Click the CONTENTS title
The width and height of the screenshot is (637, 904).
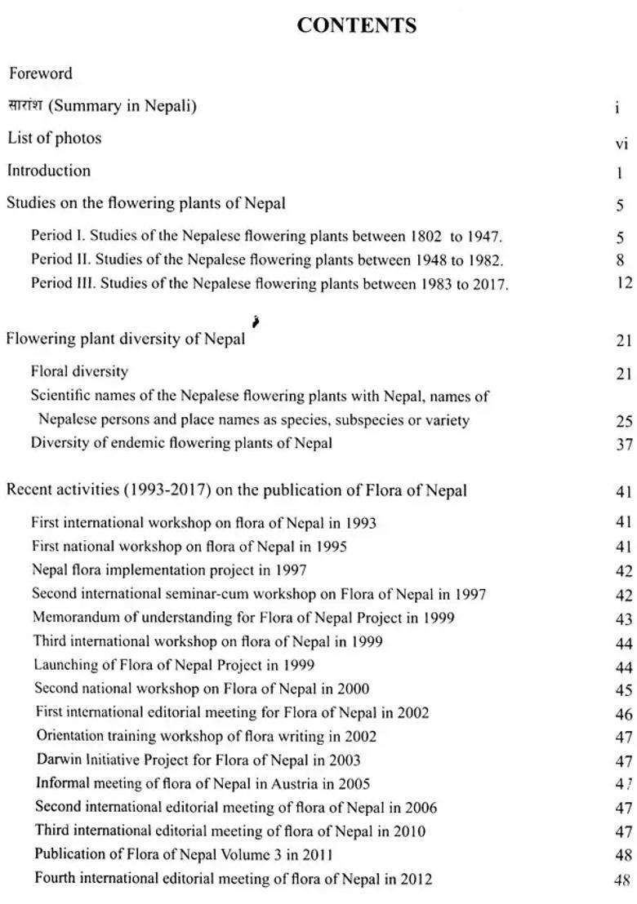[x=357, y=25]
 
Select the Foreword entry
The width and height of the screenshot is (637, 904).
[x=41, y=73]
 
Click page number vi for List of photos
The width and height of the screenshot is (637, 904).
[x=621, y=144]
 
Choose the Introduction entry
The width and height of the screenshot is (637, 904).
[x=49, y=171]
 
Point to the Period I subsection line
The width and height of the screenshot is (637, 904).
[x=266, y=237]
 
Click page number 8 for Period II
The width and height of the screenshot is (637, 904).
[x=621, y=261]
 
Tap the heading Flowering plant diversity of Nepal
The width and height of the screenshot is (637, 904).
[x=126, y=339]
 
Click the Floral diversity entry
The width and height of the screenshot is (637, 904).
[x=79, y=372]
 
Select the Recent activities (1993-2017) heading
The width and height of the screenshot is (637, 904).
[x=237, y=490]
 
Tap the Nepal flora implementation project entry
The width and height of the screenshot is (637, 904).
[x=169, y=570]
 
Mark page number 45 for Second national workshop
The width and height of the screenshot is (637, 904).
[x=624, y=690]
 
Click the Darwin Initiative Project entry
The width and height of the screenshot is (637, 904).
[x=198, y=760]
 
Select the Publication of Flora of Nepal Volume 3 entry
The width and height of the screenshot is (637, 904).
[x=184, y=854]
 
